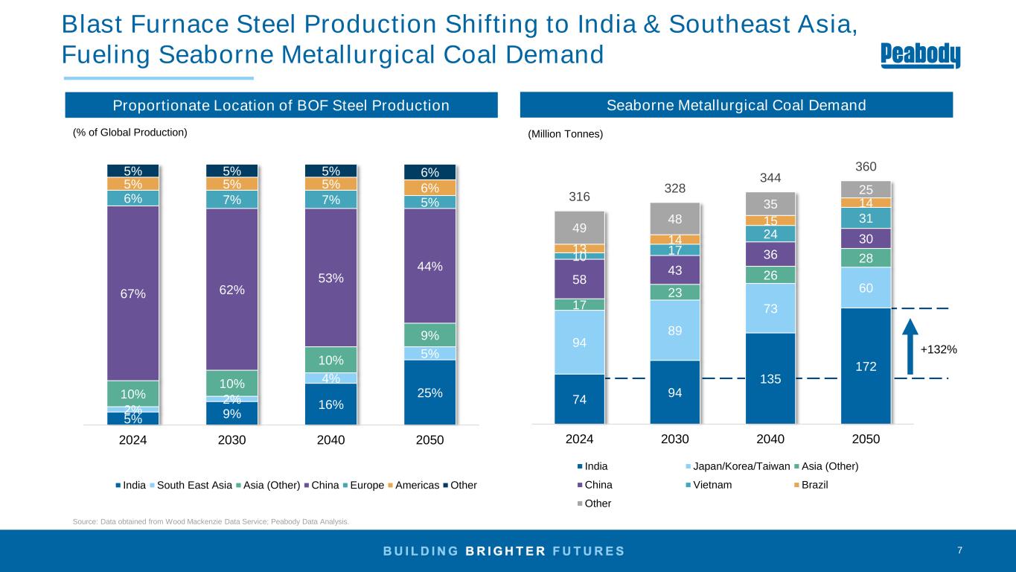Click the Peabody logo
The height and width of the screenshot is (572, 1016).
click(921, 56)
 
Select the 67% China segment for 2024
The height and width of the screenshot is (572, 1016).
click(133, 293)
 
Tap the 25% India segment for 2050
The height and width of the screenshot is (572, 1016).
click(429, 392)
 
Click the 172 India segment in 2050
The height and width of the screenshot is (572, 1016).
click(866, 366)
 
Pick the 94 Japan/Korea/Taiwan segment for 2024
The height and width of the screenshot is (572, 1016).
click(579, 342)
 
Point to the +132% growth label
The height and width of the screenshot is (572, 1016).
click(939, 349)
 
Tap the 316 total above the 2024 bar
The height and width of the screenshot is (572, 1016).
click(580, 197)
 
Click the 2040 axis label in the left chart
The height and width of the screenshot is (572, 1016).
click(331, 440)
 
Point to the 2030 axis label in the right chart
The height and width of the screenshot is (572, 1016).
click(675, 439)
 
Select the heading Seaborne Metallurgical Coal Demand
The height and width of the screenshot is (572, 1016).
click(735, 105)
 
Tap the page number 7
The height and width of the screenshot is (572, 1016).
click(959, 550)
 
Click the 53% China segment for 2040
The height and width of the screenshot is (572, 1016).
click(331, 278)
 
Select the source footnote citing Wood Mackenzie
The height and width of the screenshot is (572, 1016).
click(210, 521)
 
